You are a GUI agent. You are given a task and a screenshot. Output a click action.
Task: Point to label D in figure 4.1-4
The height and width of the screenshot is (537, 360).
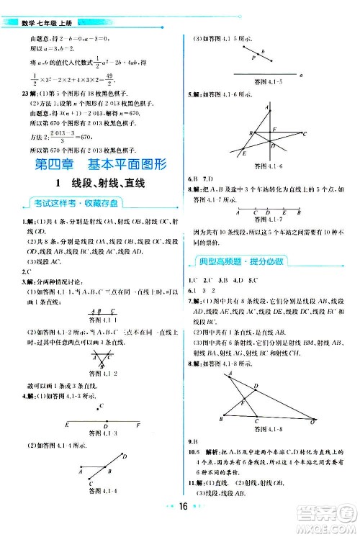[125, 456]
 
